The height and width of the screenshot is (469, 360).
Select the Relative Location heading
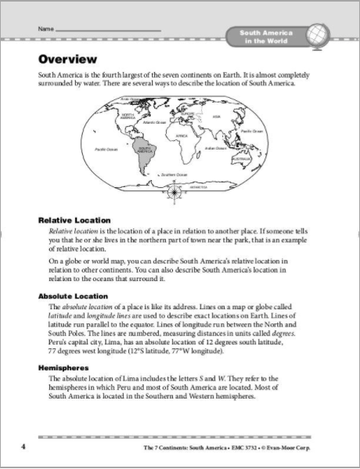click(74, 221)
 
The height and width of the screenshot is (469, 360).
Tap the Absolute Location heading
click(75, 296)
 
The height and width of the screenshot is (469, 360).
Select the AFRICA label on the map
click(182, 135)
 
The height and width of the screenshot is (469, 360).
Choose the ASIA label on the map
click(216, 117)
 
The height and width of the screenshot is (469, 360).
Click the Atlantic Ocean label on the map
click(156, 122)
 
